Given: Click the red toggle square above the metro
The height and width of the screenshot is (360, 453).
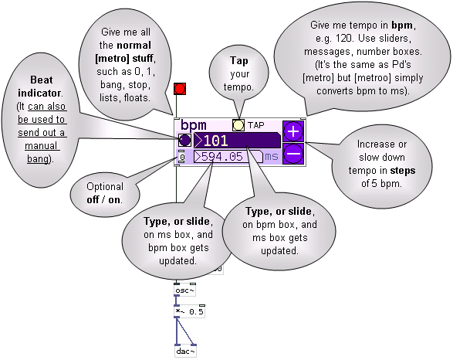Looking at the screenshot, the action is coord(180,89).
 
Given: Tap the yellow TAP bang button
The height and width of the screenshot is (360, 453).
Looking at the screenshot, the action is coord(238,125).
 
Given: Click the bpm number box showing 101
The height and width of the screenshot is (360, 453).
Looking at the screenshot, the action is coord(237,141).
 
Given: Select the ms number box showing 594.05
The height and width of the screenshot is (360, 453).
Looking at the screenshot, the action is coord(228,156).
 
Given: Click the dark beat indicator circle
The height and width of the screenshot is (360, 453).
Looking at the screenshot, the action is coord(184,141).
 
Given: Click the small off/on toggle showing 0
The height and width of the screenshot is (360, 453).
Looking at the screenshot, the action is coord(181,157).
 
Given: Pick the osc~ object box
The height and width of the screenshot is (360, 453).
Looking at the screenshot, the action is coord(185,290).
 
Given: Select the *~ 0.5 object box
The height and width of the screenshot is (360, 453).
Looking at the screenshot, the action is coord(190,311).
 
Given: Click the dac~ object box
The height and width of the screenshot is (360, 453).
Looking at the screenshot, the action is coord(185,351).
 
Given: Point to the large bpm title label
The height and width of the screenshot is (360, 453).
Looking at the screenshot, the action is coord(194,125).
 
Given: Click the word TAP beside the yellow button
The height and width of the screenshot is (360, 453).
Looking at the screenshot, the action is coord(255,125).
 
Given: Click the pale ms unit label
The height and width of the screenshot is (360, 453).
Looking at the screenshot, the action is coord(272,156).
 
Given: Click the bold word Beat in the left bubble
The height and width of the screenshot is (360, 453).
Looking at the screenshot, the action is coord(42,80).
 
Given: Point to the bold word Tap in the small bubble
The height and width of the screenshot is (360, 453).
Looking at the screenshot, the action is coord(239,61).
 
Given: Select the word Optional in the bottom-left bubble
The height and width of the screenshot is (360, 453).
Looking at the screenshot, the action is coord(105,187).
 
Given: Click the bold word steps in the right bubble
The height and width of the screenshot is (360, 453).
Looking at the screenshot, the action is coord(403,171).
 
